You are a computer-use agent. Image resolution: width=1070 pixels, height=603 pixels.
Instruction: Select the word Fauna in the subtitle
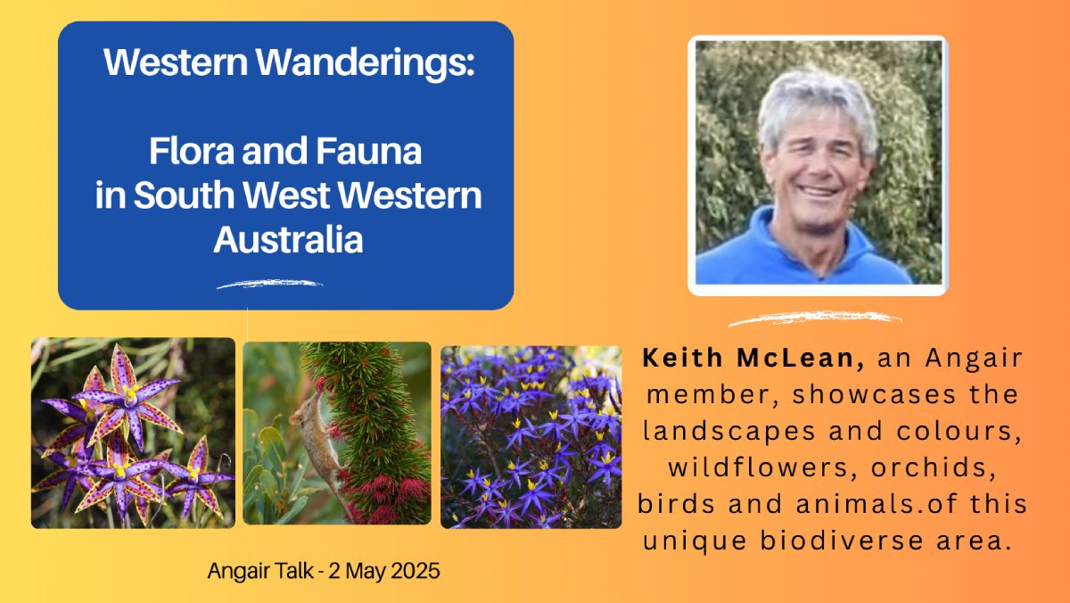coord(369,151)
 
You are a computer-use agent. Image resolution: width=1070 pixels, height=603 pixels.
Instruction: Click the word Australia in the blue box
coord(288,239)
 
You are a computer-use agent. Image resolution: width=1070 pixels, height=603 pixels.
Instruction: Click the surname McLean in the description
coord(801,358)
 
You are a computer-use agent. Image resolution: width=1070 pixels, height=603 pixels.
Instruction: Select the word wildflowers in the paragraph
coord(763,467)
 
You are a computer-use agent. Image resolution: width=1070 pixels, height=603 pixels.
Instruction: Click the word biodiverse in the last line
coord(842,541)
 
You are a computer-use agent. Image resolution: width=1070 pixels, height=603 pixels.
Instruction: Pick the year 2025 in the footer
coord(416,571)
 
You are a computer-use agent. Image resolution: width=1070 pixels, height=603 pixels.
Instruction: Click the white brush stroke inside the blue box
coord(269,284)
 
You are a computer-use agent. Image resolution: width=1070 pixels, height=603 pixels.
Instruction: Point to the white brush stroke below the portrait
coord(815,318)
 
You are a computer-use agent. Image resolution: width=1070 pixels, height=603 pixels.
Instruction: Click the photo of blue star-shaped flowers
coord(531,437)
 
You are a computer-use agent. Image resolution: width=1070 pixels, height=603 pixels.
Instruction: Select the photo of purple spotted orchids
coord(133,433)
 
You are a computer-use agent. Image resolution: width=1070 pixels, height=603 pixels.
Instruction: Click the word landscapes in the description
coord(729,431)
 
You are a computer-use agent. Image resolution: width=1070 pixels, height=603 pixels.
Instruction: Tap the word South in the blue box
coord(184,195)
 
